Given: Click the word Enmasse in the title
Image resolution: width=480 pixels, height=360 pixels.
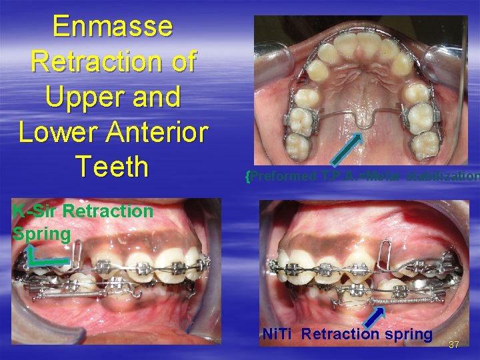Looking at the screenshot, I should point(112,27).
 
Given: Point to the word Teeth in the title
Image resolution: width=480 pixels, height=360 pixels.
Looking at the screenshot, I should point(111,167).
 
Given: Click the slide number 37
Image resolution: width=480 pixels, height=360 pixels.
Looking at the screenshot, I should point(455,345).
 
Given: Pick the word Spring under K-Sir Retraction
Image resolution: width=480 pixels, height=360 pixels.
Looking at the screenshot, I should point(41,234).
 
